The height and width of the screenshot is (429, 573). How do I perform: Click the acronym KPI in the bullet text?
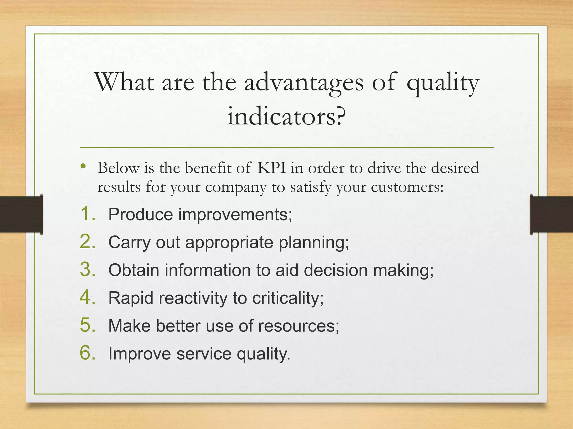tap(271, 168)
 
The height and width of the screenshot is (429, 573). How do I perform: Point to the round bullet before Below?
tap(83, 166)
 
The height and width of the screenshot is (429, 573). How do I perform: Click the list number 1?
tap(88, 214)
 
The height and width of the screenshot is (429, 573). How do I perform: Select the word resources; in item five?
tap(299, 326)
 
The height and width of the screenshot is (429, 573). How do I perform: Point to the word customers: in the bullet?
tap(407, 187)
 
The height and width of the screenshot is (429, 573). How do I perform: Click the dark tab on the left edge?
tap(21, 214)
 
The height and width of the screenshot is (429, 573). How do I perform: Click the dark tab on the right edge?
tap(551, 214)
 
